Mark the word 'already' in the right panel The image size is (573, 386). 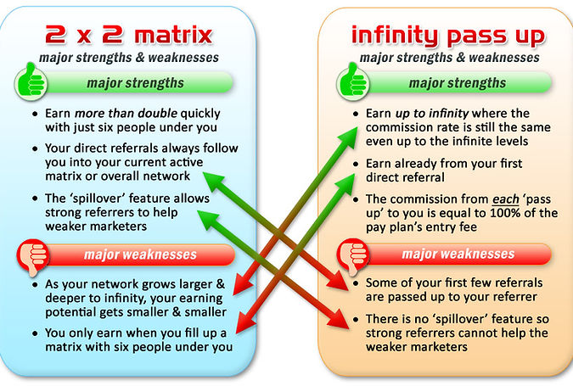pos(425,164)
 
